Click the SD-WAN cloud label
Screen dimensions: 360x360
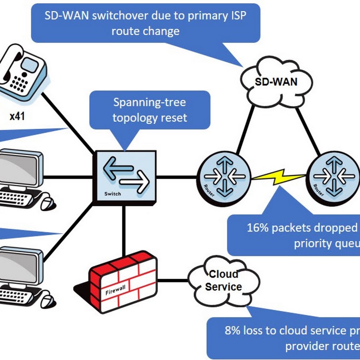[x=276, y=82]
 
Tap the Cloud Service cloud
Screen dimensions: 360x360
[x=223, y=280]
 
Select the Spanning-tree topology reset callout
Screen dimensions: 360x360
[x=149, y=110]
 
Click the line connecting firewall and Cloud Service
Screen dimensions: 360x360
[x=173, y=279]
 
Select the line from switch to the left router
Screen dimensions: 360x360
[x=176, y=176]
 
